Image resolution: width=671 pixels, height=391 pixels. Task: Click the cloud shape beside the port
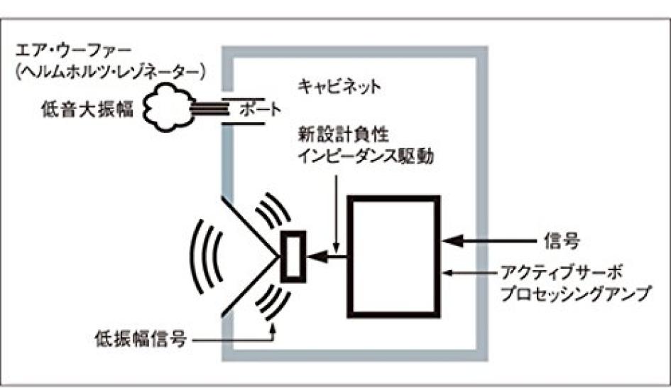tap(168, 107)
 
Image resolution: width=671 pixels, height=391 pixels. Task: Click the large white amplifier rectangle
tap(393, 256)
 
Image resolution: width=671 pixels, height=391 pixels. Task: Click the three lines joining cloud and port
tap(210, 107)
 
